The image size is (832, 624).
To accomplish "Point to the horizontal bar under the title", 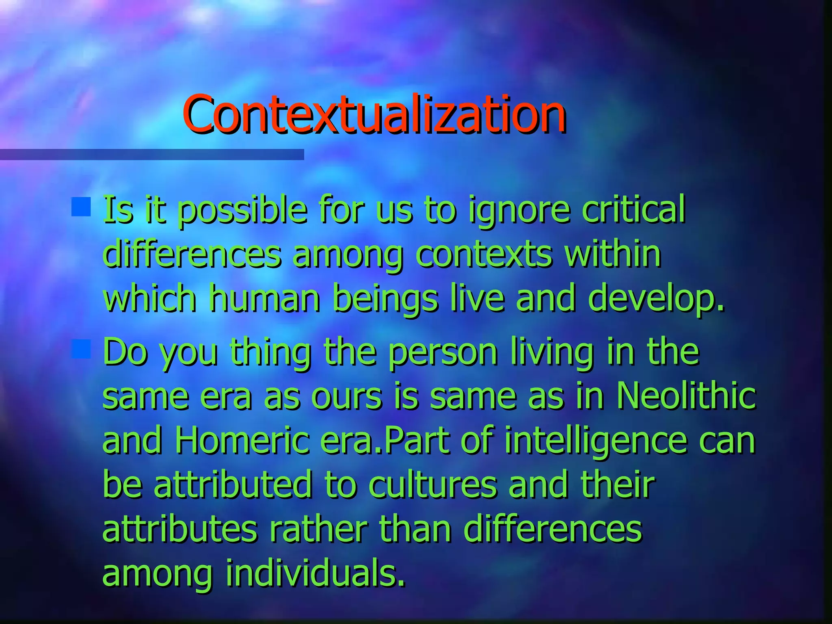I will point(152,154).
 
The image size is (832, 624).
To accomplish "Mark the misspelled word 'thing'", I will point(271,353).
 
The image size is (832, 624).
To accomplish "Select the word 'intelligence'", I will point(596,442).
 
